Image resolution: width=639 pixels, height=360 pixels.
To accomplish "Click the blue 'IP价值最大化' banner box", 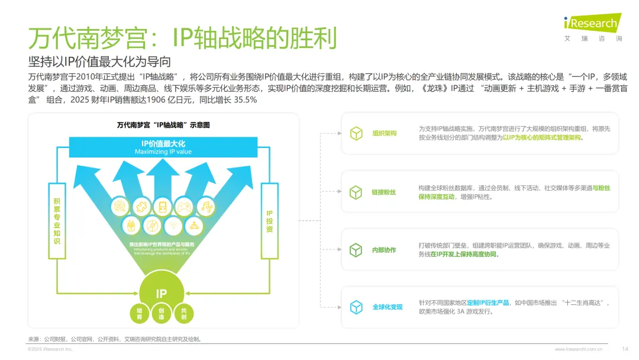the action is (x=163, y=147).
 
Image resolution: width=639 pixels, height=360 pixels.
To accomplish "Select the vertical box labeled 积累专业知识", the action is (x=57, y=221).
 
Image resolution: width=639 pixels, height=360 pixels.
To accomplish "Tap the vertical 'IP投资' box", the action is (x=269, y=221).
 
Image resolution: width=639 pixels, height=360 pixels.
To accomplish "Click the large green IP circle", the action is (x=161, y=292).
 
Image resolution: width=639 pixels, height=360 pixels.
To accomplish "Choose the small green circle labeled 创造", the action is (x=161, y=314).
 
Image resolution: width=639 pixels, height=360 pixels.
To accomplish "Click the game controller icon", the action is (x=183, y=207).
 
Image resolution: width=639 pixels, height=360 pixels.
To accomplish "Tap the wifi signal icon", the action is (x=173, y=225).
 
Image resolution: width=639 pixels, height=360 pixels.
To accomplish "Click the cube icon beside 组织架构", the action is (x=356, y=133).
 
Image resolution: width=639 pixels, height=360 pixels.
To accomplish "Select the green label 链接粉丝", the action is (x=383, y=192).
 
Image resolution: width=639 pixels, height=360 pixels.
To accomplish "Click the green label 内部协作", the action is (x=383, y=250).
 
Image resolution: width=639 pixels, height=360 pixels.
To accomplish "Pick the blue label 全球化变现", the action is (x=387, y=307).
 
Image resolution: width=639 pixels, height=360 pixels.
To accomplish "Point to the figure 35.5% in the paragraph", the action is (x=246, y=99).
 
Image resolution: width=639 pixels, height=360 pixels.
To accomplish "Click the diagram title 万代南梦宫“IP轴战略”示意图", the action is (x=163, y=125).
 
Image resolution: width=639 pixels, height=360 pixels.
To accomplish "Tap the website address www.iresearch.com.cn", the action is (x=579, y=349).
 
